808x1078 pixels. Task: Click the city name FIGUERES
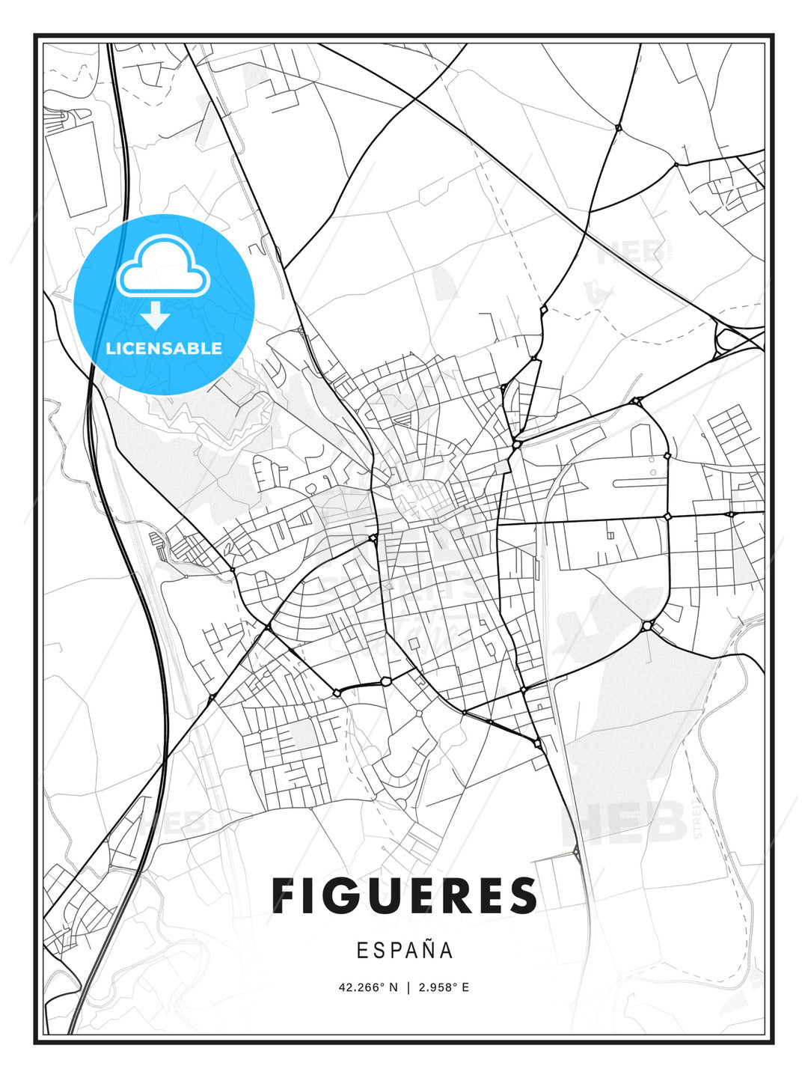pyautogui.click(x=404, y=895)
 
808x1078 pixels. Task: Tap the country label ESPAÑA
pyautogui.click(x=405, y=950)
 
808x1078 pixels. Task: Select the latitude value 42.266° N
pyautogui.click(x=368, y=987)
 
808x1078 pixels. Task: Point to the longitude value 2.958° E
pyautogui.click(x=444, y=987)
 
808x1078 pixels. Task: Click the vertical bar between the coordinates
pyautogui.click(x=408, y=987)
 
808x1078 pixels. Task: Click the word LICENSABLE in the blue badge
pyautogui.click(x=164, y=348)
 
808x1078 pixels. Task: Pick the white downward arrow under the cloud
pyautogui.click(x=156, y=316)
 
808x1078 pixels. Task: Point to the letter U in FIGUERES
pyautogui.click(x=385, y=895)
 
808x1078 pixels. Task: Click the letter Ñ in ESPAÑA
pyautogui.click(x=426, y=949)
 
